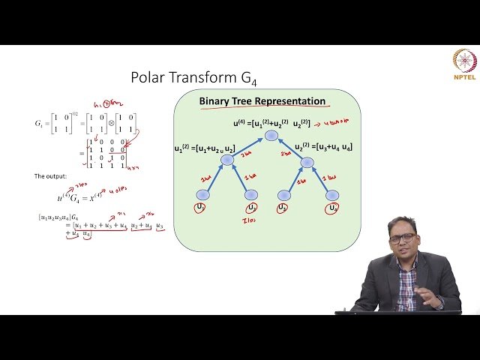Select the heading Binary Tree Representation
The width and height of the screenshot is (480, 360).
[x=262, y=101]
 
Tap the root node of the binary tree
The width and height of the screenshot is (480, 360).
[x=271, y=136]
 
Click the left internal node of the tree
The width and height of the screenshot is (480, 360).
[x=227, y=160]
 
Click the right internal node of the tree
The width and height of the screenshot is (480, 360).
[x=307, y=161]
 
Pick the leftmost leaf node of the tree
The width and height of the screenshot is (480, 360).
[x=202, y=195]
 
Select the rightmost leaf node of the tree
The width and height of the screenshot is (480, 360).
[x=332, y=195]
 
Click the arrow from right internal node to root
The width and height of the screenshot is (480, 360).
[x=289, y=148]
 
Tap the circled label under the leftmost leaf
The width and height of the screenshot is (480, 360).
[x=201, y=207]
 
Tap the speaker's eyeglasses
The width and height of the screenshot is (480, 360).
[x=402, y=238]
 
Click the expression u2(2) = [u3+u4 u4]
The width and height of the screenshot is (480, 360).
[x=323, y=147]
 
